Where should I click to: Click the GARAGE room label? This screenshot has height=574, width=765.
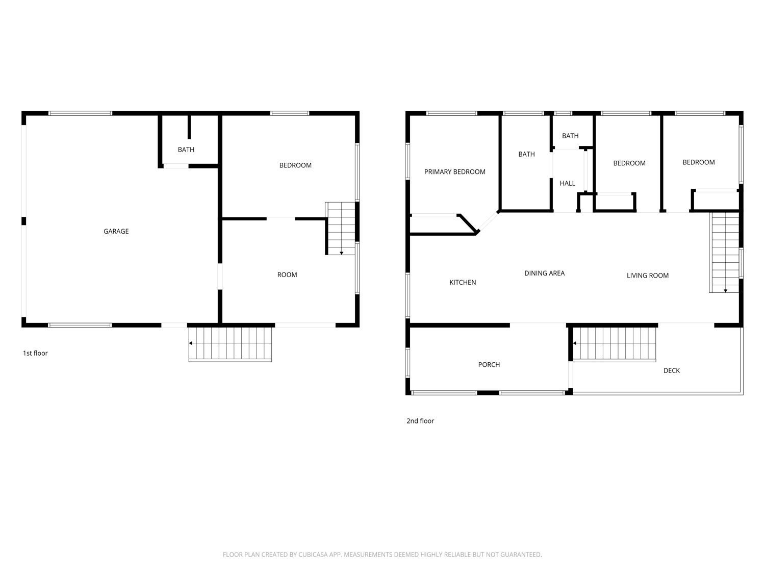[x=116, y=231]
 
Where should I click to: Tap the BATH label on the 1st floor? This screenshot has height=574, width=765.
[x=186, y=149]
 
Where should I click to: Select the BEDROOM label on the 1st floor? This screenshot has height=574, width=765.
[x=295, y=165]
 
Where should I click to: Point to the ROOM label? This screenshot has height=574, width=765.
[x=287, y=274]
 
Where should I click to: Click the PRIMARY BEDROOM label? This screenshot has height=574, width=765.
[x=454, y=172]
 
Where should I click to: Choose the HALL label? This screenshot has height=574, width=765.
[x=567, y=183]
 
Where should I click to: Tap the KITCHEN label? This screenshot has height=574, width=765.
[x=463, y=282]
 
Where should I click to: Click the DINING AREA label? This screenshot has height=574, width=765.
[x=544, y=273]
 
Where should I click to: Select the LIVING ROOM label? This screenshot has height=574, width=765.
[x=647, y=276]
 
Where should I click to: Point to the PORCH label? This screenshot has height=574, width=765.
[x=489, y=364]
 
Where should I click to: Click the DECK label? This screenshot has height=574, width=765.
[x=671, y=370]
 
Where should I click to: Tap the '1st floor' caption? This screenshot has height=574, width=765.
[x=35, y=353]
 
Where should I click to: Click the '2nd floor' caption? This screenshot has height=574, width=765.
[x=420, y=420]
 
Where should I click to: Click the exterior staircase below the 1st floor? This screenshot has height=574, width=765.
[x=230, y=344]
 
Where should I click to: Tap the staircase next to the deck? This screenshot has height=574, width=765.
[x=614, y=344]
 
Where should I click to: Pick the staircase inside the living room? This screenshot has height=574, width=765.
[x=724, y=253]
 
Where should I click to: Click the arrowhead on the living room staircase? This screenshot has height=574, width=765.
[x=725, y=291]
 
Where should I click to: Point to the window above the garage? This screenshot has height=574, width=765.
[x=80, y=113]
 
